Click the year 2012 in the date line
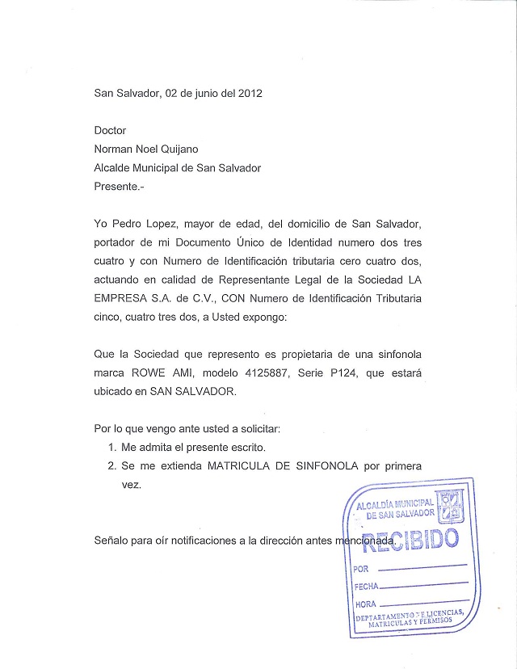[249, 93]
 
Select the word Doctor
[111, 130]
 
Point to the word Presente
[118, 186]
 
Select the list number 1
[111, 447]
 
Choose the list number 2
[111, 466]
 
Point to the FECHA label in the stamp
[366, 587]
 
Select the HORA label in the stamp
[365, 604]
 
